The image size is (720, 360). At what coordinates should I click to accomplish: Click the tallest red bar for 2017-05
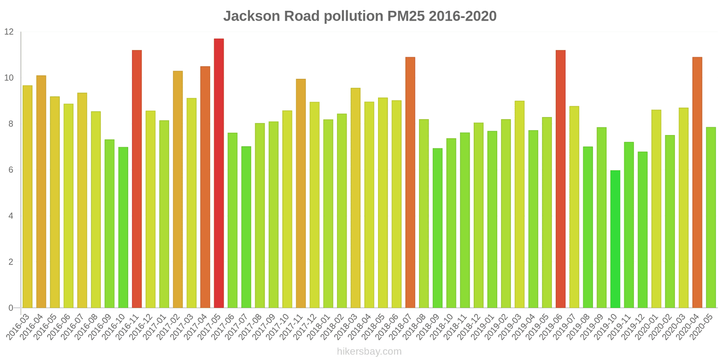click(x=219, y=173)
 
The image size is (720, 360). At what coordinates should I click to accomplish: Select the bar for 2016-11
click(x=137, y=179)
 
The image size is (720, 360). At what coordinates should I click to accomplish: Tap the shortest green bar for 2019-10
click(x=615, y=239)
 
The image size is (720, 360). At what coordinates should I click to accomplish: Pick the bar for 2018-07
click(x=410, y=183)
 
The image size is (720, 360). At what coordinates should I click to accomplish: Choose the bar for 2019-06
click(x=561, y=179)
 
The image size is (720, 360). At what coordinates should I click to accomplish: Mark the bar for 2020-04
click(x=697, y=183)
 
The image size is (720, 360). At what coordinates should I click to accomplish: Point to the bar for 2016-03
click(x=27, y=197)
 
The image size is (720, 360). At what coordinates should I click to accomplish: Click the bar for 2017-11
click(x=301, y=193)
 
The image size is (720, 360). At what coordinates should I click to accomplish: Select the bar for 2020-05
click(x=711, y=218)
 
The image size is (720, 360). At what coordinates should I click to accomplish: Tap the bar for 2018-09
click(x=437, y=228)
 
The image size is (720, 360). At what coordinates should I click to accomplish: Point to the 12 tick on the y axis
click(x=9, y=32)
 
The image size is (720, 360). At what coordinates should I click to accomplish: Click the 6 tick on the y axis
click(x=11, y=170)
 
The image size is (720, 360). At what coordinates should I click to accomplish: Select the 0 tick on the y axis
click(x=11, y=308)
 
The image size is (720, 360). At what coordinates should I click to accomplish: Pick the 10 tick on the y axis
click(x=9, y=78)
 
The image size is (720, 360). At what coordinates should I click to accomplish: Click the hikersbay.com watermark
click(x=369, y=351)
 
